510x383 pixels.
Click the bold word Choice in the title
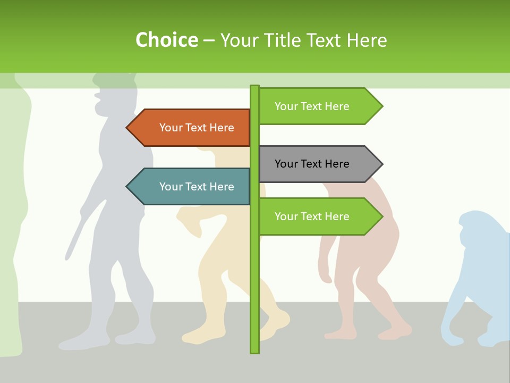166,40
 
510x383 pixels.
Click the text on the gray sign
312,164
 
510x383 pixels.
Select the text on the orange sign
197,128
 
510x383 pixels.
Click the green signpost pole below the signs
254,298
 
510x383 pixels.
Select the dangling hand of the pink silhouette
326,277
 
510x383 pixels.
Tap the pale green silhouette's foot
13,348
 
